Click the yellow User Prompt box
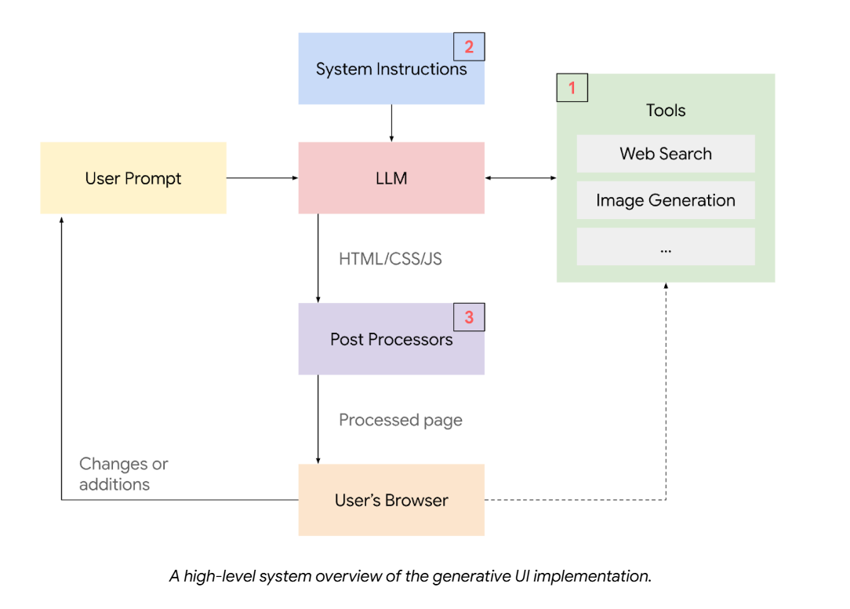tap(133, 178)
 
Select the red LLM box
tap(391, 178)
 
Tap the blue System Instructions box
tap(391, 69)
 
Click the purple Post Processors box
tap(391, 339)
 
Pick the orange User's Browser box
tap(391, 500)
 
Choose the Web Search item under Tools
tap(666, 154)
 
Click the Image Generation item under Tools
tap(666, 200)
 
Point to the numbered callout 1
tap(572, 88)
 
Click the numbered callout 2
tap(469, 47)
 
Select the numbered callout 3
tap(469, 318)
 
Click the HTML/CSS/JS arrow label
tap(390, 258)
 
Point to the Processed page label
tap(401, 420)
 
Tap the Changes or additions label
tap(123, 474)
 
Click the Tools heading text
tap(666, 111)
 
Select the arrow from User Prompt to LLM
tap(262, 178)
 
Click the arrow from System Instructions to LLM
tap(391, 122)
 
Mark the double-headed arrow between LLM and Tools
tap(521, 178)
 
